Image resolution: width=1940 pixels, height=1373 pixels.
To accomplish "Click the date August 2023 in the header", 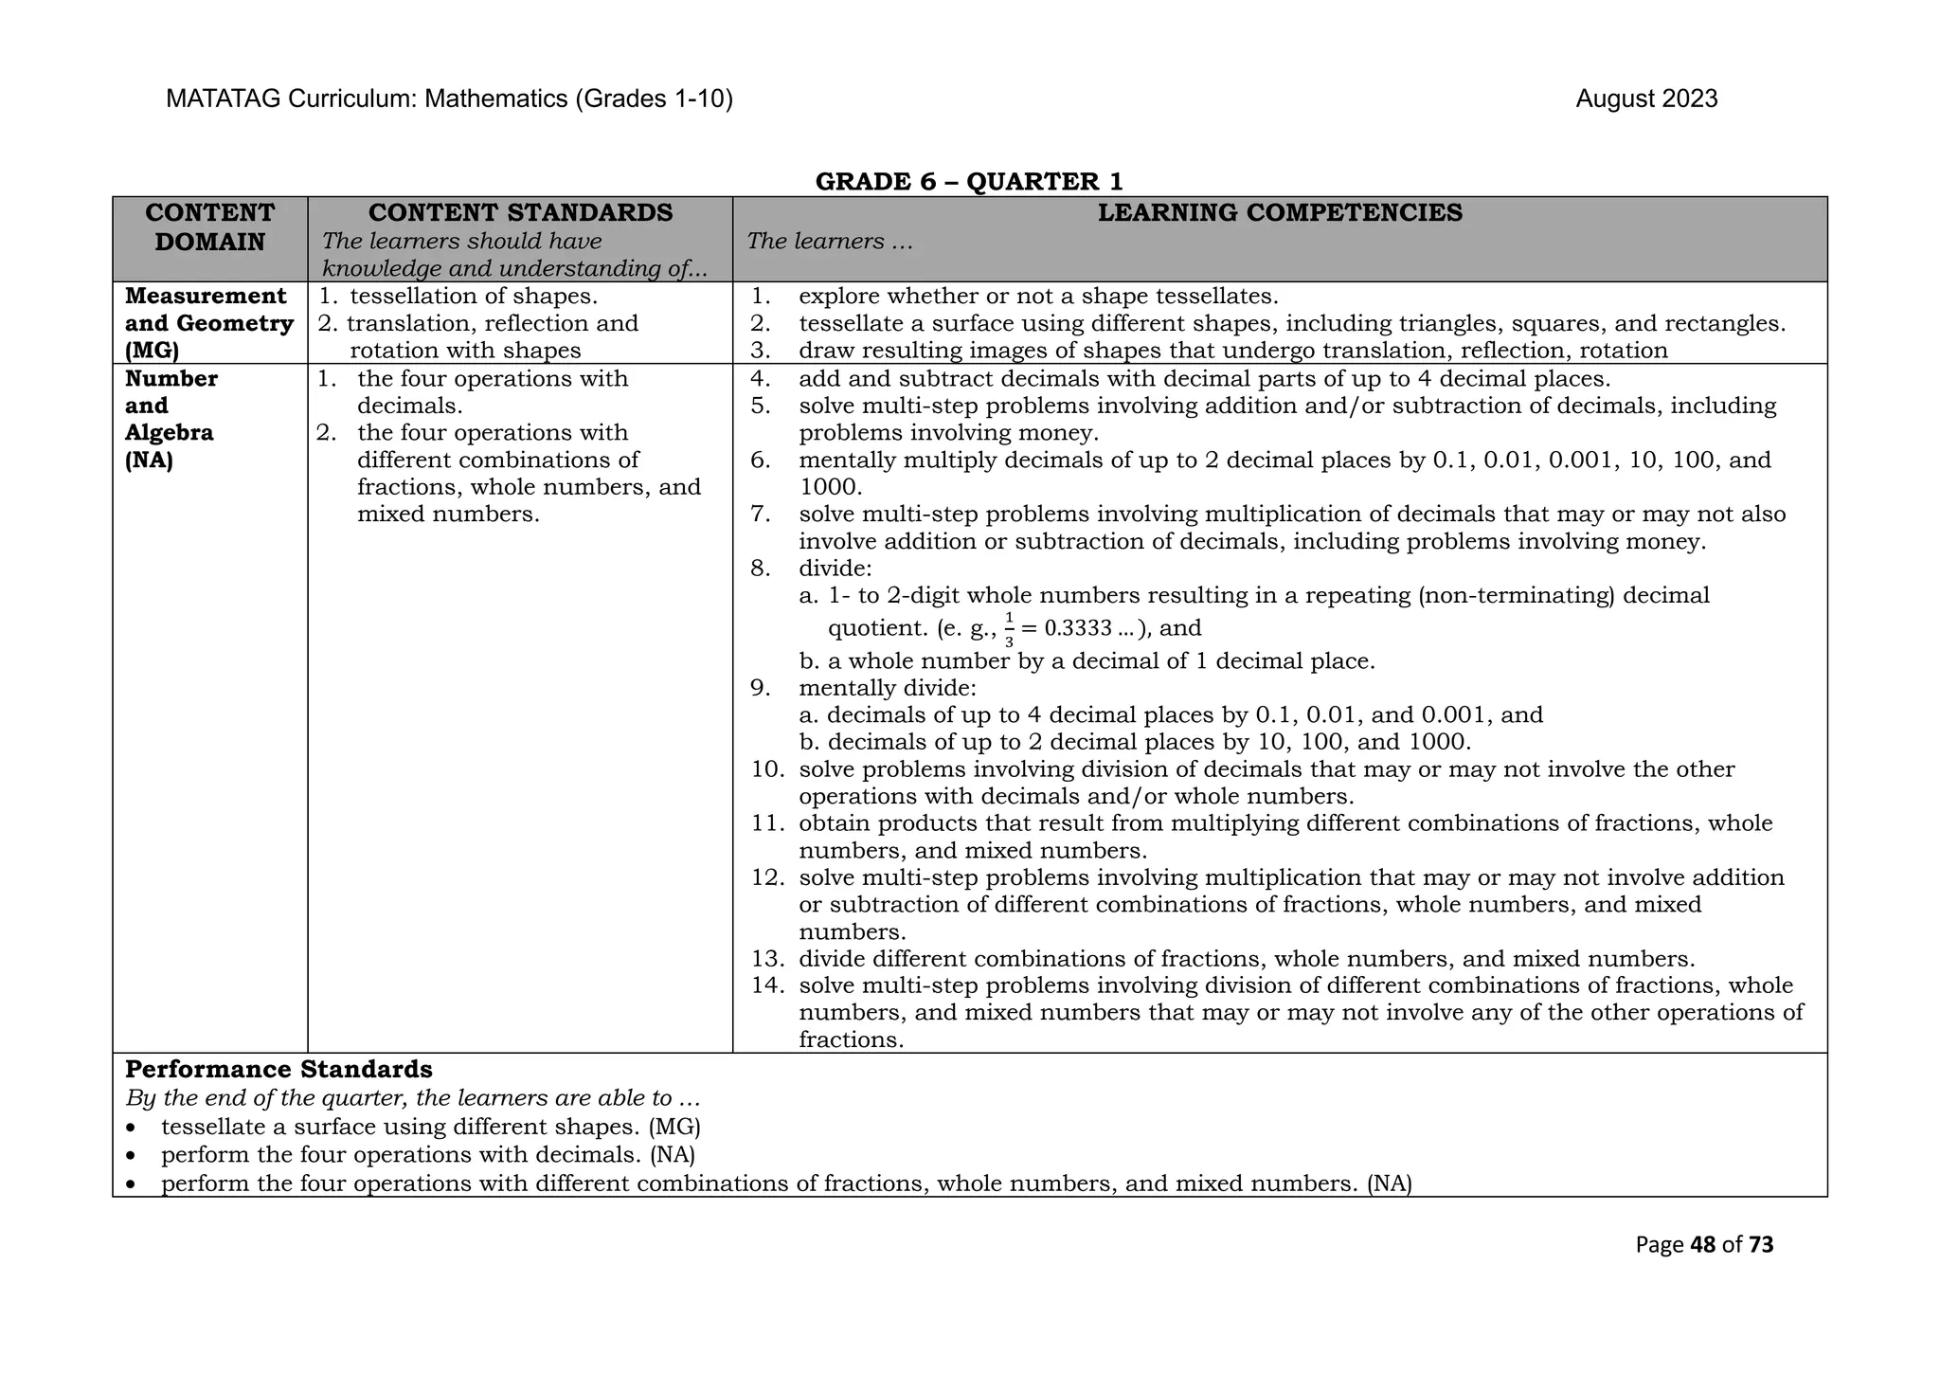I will (x=1645, y=99).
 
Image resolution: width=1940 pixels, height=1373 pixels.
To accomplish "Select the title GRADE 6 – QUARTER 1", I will (x=969, y=181).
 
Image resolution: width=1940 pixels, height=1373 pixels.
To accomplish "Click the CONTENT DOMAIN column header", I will (x=209, y=227).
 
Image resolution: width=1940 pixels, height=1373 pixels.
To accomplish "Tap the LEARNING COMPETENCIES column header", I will (x=1280, y=213).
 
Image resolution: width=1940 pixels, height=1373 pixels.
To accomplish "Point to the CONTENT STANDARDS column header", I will (x=520, y=213).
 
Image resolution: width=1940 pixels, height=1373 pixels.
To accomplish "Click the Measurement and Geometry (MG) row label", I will (x=208, y=323).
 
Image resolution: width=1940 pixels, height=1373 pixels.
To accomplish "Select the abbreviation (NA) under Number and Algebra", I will (x=149, y=461).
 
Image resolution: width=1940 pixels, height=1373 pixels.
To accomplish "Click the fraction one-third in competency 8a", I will (x=1009, y=629).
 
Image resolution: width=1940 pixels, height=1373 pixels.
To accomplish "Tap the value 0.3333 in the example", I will (x=1077, y=629).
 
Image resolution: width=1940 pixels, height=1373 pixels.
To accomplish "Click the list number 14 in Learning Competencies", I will (x=767, y=985).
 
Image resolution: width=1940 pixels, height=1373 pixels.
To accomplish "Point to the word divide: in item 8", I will (x=835, y=569).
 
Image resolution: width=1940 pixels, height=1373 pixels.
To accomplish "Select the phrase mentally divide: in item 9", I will (x=887, y=688).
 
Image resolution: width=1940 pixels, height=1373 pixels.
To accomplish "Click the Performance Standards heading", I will (x=278, y=1070).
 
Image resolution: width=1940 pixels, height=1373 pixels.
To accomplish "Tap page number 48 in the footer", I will (x=1702, y=1245).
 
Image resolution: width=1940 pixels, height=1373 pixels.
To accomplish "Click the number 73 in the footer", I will (x=1761, y=1245).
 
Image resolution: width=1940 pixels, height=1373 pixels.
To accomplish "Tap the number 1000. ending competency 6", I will (x=830, y=487).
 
